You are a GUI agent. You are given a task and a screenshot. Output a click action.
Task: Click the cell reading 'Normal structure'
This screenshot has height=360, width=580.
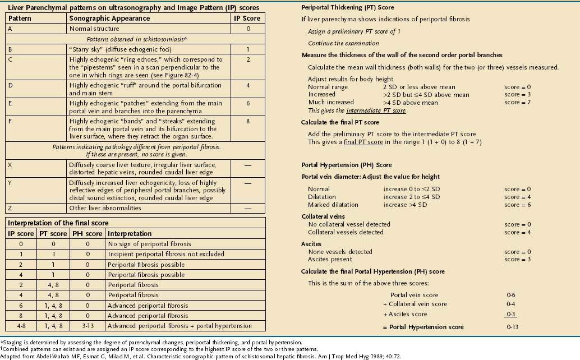(x=94, y=28)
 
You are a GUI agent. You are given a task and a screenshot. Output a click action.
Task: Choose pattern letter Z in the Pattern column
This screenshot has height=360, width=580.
(x=12, y=208)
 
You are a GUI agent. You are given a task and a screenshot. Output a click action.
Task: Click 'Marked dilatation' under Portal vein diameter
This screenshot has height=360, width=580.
(x=333, y=205)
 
